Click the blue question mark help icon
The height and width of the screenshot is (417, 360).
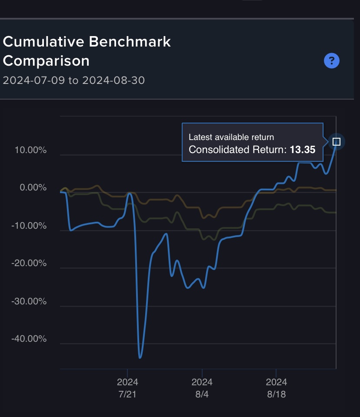point(332,60)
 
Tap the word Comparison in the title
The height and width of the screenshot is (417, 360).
point(46,61)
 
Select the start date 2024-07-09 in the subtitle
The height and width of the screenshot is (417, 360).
point(33,80)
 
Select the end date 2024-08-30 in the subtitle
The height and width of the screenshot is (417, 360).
point(113,80)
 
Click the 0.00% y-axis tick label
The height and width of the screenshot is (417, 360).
point(33,188)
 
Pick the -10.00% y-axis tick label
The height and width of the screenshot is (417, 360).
point(29,226)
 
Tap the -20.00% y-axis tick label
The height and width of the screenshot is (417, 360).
point(29,263)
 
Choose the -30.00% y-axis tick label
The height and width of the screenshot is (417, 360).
point(29,301)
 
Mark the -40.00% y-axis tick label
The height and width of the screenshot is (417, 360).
point(29,339)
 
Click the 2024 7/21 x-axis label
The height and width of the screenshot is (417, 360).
point(127,388)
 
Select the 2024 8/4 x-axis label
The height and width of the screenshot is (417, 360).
point(202,388)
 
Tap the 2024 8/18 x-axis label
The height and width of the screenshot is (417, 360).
point(277,388)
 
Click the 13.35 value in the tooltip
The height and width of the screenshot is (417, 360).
point(303,150)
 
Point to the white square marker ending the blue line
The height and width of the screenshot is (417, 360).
point(336,142)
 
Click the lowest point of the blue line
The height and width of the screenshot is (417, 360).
point(140,357)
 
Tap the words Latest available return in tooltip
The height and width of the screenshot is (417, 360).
point(231,137)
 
